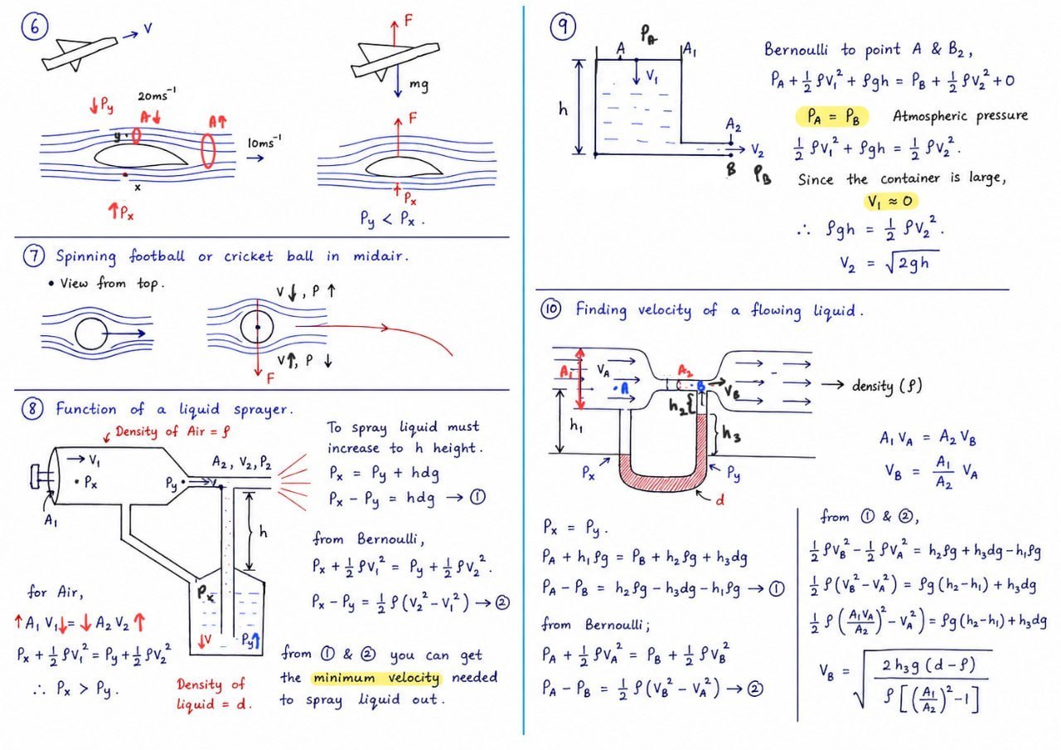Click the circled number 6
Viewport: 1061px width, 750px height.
[x=35, y=27]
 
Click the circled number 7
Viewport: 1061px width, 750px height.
[x=34, y=256]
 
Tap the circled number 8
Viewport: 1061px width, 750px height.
[x=32, y=409]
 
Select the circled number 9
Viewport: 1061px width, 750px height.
[x=563, y=27]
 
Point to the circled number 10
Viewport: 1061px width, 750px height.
[x=550, y=309]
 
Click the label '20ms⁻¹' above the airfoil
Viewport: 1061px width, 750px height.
[x=157, y=95]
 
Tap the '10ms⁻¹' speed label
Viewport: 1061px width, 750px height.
[x=264, y=142]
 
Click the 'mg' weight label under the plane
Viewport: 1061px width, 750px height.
[x=419, y=85]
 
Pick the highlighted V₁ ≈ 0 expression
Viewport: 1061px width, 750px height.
[x=890, y=202]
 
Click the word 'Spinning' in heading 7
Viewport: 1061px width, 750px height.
[x=85, y=257]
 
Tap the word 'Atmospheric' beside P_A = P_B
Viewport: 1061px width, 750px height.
[x=923, y=115]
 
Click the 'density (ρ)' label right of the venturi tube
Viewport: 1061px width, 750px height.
[x=887, y=386]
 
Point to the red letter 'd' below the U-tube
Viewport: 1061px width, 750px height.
[x=720, y=499]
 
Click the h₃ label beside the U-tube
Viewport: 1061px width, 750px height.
[x=731, y=433]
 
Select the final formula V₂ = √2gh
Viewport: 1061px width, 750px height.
[x=889, y=263]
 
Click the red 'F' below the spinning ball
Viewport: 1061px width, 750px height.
[x=270, y=378]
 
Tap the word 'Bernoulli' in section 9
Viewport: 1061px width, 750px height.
[x=796, y=49]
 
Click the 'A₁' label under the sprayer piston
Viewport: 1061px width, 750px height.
[x=51, y=520]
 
